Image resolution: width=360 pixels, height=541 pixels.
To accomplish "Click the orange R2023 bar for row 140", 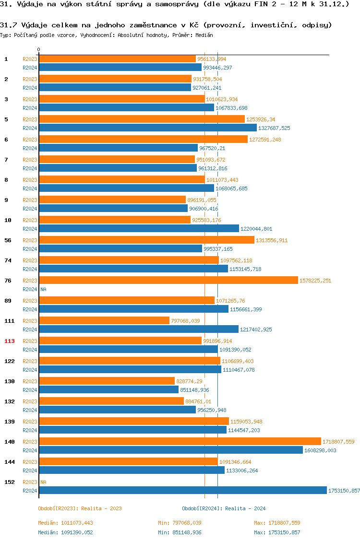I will [x=180, y=441].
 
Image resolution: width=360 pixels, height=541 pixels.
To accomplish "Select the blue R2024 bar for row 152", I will [x=182, y=490].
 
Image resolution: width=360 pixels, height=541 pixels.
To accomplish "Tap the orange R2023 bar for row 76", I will [x=168, y=280].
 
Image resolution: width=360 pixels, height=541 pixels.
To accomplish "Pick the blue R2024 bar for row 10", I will [x=139, y=228].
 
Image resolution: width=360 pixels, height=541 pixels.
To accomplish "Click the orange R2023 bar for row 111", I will [x=104, y=320].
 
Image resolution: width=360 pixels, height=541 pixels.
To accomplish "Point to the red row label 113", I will [x=10, y=341].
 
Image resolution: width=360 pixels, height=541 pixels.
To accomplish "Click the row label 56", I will [x=8, y=240].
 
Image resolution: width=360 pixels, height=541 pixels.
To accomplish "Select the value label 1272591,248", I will [x=265, y=140].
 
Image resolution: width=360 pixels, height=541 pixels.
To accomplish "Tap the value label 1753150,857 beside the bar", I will [x=344, y=491].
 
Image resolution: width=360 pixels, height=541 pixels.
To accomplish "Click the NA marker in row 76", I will [x=43, y=289].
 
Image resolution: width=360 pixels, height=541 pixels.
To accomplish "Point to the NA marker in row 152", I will [x=43, y=482].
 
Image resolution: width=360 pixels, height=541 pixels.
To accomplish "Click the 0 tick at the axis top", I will [x=38, y=49].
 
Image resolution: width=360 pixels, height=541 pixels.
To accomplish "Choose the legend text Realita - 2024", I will [x=245, y=508].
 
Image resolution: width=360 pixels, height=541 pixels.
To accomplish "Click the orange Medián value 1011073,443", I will [x=77, y=523].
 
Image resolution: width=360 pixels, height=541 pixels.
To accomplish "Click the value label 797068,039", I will [x=185, y=321].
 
